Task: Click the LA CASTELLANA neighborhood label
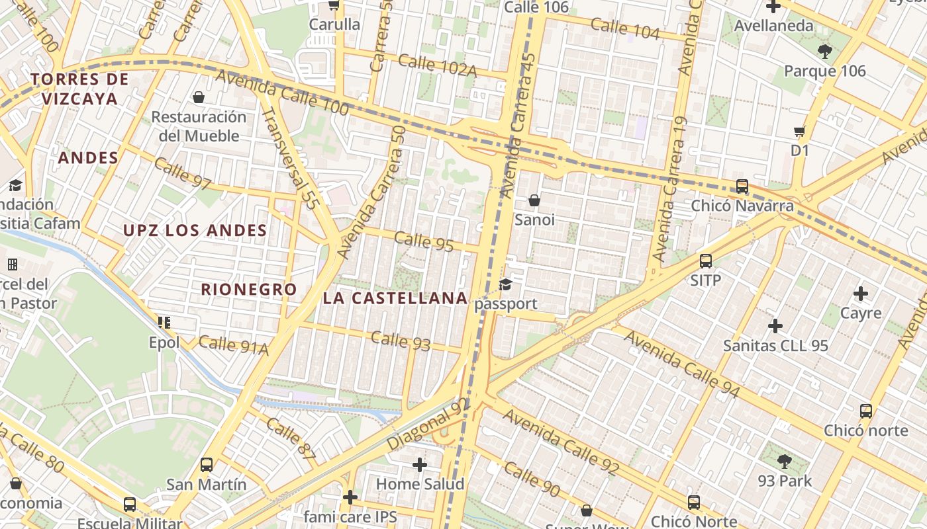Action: (395, 298)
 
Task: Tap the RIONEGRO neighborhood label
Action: (249, 290)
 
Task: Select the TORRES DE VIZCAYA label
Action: (79, 89)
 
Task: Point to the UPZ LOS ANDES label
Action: (195, 231)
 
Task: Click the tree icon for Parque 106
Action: (824, 51)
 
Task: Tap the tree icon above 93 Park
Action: (785, 461)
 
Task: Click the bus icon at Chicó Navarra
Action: (742, 186)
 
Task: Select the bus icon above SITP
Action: (706, 261)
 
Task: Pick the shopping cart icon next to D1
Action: (800, 132)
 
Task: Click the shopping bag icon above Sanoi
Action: (534, 200)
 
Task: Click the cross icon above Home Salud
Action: (420, 465)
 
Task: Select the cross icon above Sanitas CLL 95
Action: (775, 326)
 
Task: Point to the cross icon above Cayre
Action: (860, 293)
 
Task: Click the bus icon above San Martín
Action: (207, 465)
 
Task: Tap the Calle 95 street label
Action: (424, 242)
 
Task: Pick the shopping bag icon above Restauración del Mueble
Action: (198, 98)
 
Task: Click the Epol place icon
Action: (164, 323)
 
